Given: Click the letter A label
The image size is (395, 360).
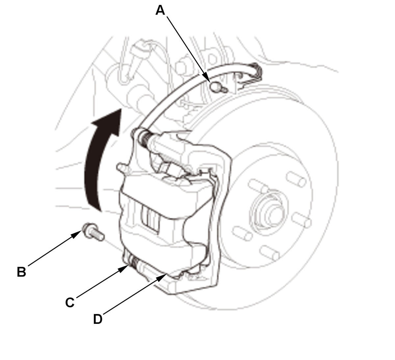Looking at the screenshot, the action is (x=160, y=11).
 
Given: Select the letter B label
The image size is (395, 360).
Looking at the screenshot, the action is (x=21, y=272).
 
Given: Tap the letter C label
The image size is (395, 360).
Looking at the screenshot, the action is (x=70, y=302).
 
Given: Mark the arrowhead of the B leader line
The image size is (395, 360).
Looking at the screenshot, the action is (x=77, y=234).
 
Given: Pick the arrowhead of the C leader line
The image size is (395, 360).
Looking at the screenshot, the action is (x=124, y=269).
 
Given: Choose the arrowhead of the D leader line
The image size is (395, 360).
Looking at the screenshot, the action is (x=162, y=277).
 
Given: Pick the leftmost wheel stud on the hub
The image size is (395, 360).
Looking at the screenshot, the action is (x=242, y=234).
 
